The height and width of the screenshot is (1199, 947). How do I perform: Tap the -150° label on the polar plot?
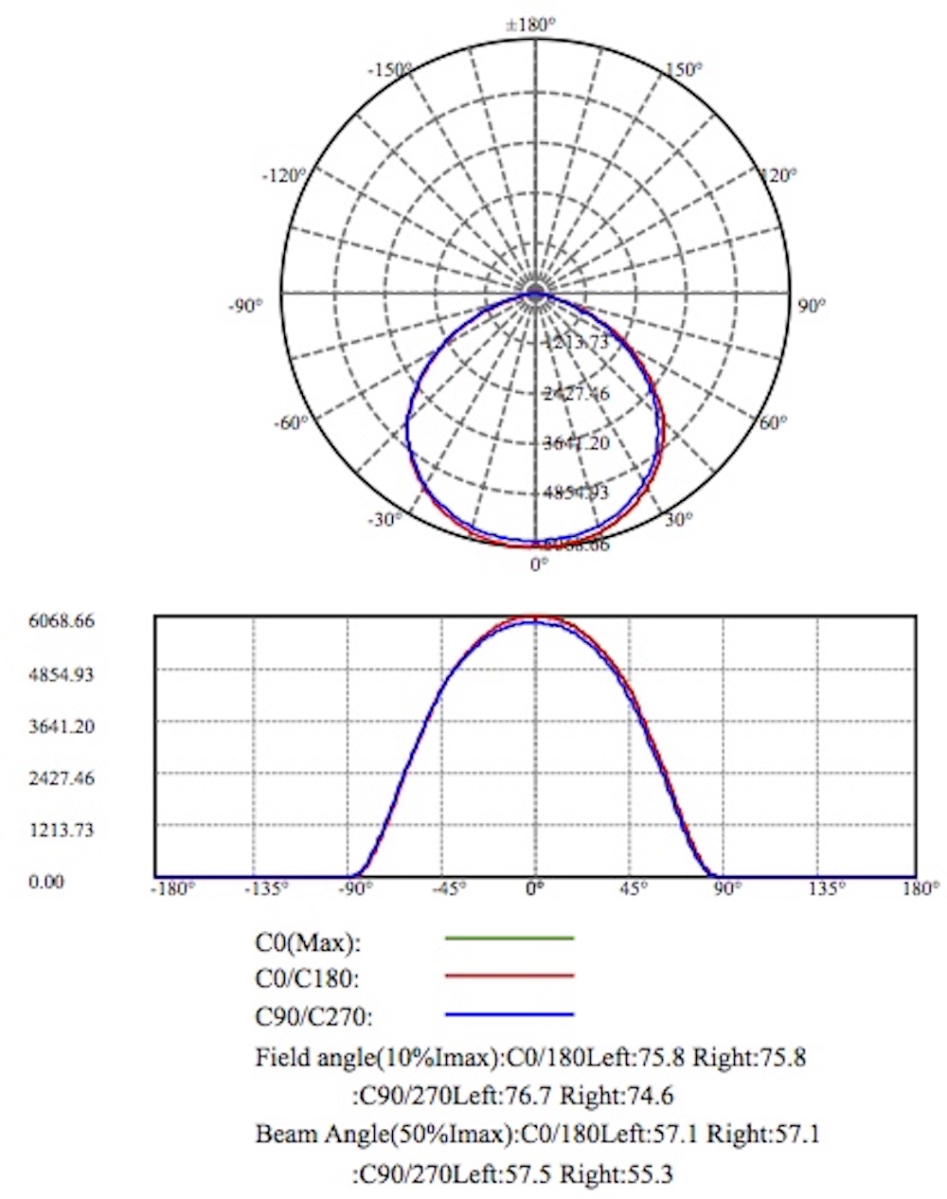(x=389, y=70)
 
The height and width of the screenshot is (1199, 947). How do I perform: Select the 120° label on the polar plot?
(x=779, y=175)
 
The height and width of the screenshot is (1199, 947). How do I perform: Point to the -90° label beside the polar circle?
(x=245, y=306)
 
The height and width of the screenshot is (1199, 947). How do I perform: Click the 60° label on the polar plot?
(x=773, y=422)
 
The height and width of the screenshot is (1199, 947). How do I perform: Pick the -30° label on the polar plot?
(x=384, y=519)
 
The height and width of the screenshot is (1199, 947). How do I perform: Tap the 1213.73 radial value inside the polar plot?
(x=577, y=343)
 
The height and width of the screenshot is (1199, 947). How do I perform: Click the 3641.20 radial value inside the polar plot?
(x=577, y=443)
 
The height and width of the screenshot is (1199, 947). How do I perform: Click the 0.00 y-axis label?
(x=46, y=882)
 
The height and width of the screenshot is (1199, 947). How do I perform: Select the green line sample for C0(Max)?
(x=509, y=938)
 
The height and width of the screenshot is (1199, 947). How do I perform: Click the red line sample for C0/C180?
(x=509, y=975)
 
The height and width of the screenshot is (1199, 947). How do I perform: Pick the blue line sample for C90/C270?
(x=509, y=1014)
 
